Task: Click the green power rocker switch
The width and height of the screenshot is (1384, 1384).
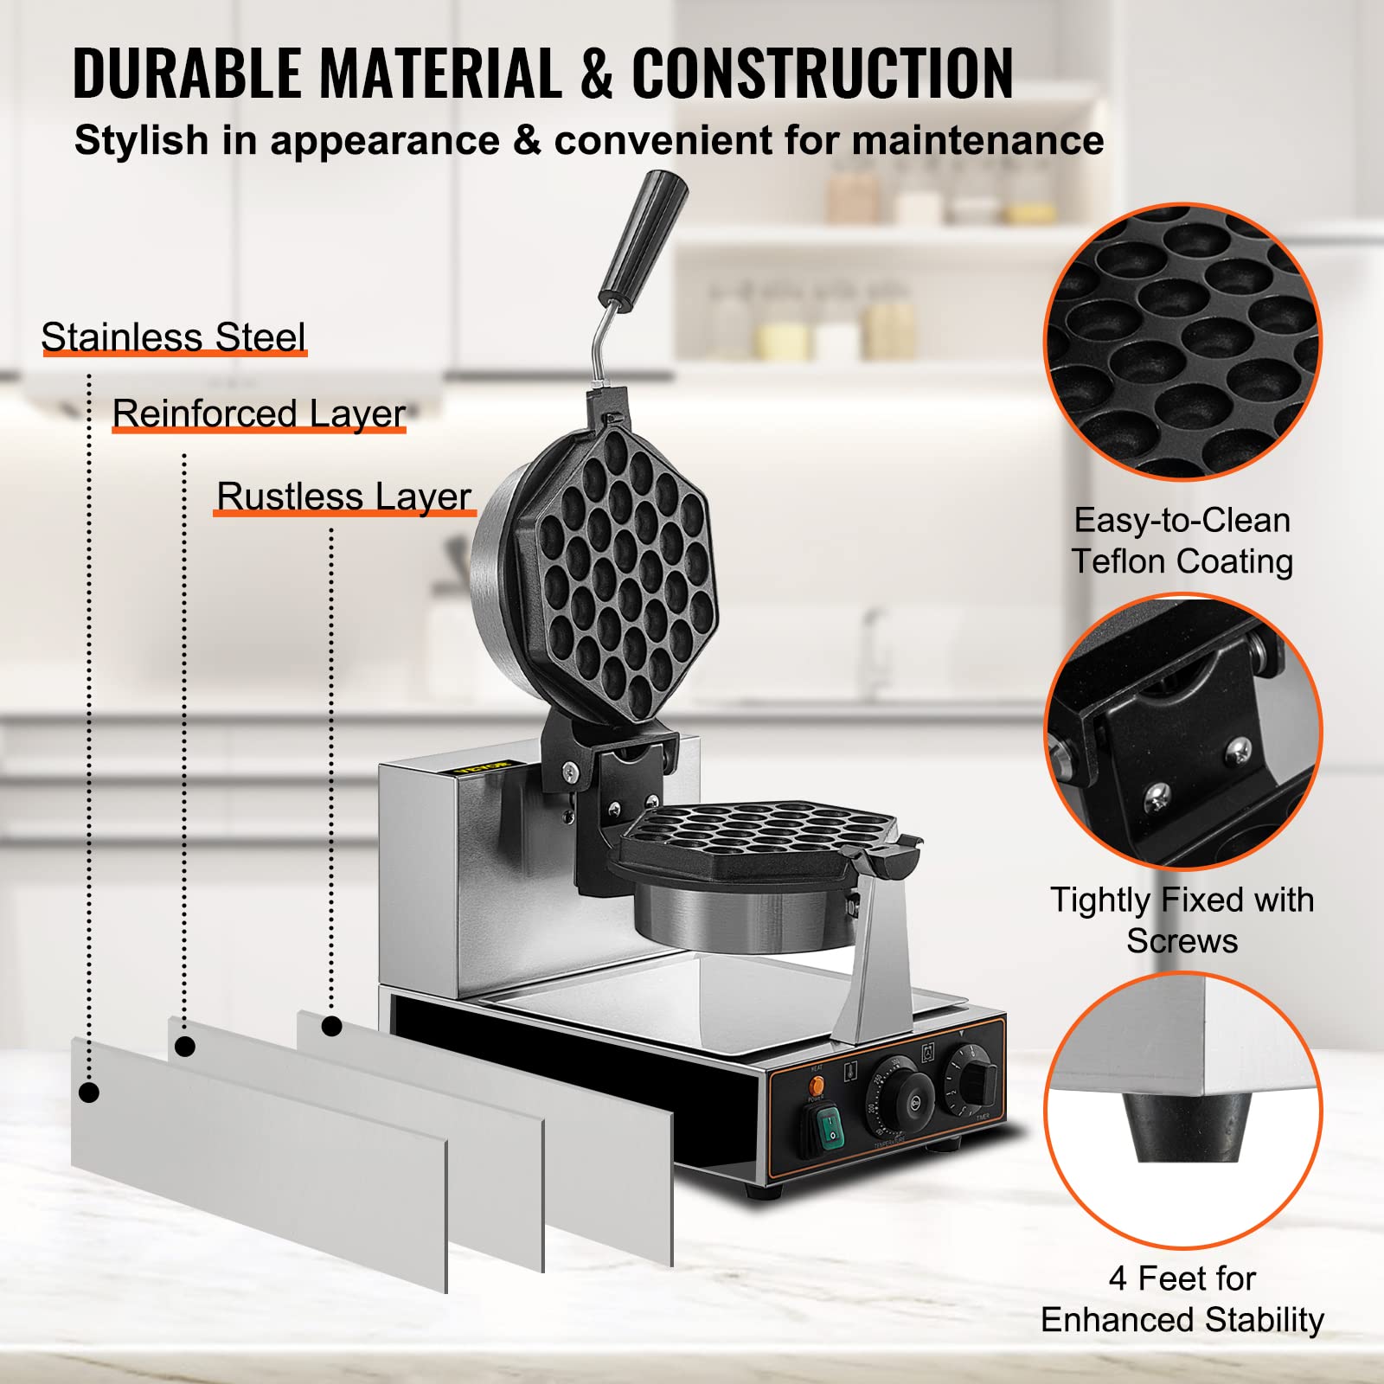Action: click(830, 1128)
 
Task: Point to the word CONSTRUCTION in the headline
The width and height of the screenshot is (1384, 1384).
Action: click(822, 74)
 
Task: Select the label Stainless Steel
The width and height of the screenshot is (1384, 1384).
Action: click(173, 336)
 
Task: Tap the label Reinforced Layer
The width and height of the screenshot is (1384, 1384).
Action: click(259, 413)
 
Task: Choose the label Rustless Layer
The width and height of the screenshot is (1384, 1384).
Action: click(343, 497)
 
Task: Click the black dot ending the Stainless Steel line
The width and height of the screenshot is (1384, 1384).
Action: click(88, 1092)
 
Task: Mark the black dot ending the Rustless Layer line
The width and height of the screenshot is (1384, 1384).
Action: click(331, 1027)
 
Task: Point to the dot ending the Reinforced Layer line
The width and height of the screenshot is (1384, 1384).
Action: click(184, 1047)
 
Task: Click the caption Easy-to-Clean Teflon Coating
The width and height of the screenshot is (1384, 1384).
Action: click(1182, 541)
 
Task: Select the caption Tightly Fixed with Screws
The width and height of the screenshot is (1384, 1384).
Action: click(1182, 919)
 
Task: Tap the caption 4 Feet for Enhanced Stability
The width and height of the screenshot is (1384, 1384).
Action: click(1182, 1298)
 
